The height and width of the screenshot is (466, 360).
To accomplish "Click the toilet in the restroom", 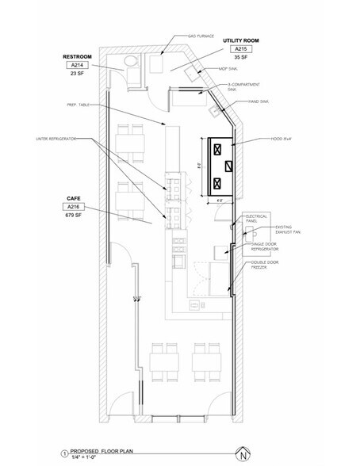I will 130,62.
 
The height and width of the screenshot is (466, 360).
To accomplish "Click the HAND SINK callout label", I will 261,101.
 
